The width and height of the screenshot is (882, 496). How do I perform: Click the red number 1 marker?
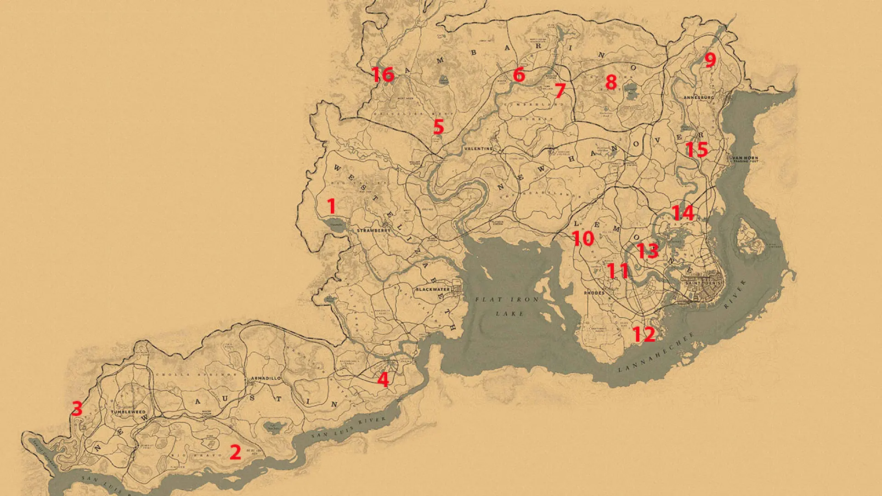click(331, 206)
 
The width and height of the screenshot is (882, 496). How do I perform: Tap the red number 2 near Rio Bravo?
click(235, 452)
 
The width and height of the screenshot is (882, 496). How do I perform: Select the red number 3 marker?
click(77, 408)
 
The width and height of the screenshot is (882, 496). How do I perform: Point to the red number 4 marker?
click(383, 380)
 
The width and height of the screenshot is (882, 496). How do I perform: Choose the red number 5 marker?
click(439, 127)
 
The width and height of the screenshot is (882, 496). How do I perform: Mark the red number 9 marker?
click(710, 60)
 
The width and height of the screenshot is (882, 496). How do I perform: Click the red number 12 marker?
click(644, 334)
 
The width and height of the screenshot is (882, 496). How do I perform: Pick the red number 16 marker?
click(383, 74)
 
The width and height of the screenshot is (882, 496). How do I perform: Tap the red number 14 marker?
click(683, 213)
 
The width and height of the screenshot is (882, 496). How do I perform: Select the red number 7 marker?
click(560, 90)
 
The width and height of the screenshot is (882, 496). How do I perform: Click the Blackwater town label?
click(433, 289)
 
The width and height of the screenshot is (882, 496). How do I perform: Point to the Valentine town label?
click(478, 149)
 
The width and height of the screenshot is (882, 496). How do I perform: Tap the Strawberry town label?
click(373, 230)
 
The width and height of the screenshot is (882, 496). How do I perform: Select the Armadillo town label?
click(266, 378)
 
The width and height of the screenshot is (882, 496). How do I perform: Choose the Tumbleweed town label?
click(128, 412)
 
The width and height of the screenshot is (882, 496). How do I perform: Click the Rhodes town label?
click(594, 293)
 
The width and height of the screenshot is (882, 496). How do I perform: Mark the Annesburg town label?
click(698, 97)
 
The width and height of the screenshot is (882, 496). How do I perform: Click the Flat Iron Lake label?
click(507, 306)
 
